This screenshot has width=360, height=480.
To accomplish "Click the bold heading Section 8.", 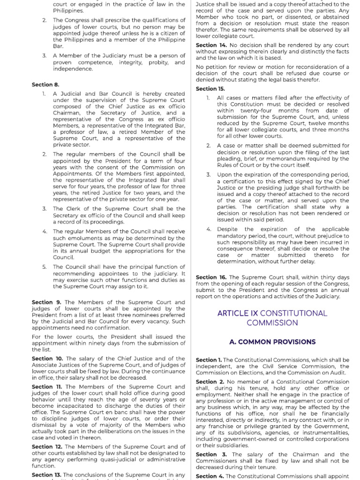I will tap(45, 84).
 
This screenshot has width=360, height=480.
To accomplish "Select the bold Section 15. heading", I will tap(210, 89).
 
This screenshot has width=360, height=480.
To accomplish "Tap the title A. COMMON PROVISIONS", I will tap(272, 342).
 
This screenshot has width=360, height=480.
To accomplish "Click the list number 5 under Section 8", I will tap(44, 267).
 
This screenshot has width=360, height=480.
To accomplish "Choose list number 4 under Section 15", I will tap(209, 229).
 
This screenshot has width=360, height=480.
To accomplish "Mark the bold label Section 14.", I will tap(211, 45).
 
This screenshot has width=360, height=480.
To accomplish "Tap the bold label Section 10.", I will tap(47, 359).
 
